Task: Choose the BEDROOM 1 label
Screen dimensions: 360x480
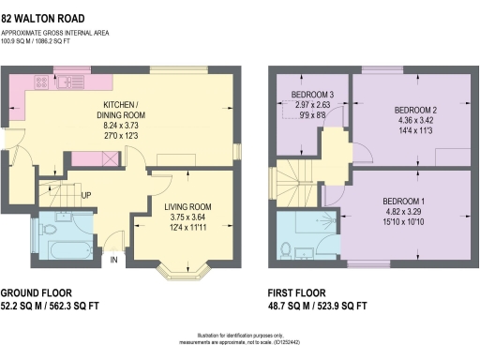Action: click(x=404, y=202)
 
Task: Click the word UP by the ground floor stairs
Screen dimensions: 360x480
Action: click(x=86, y=196)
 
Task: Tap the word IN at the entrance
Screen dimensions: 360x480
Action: click(x=115, y=260)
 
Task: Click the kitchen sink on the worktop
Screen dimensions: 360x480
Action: click(x=70, y=82)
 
